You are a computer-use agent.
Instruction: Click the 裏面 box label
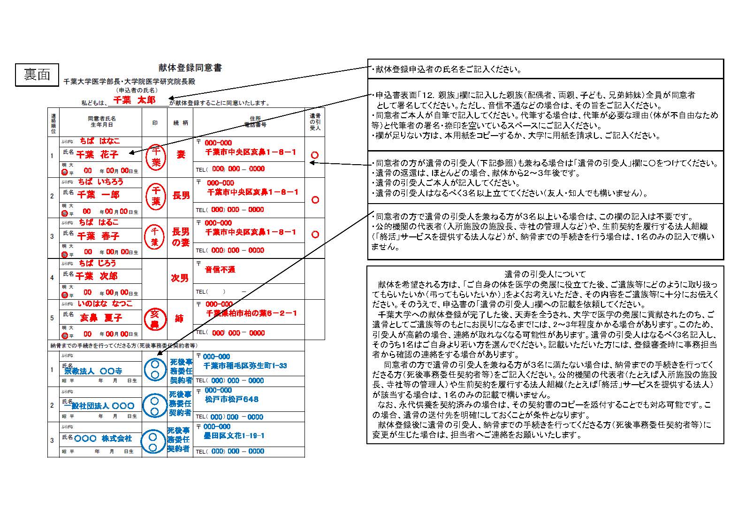coord(37,75)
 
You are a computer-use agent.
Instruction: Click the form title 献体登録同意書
coord(190,68)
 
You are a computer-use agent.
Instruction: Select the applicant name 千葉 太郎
coord(135,100)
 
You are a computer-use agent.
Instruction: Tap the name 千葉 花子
coord(98,154)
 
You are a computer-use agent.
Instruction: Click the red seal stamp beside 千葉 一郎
coord(155,196)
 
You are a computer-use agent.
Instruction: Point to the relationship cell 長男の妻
coord(181,236)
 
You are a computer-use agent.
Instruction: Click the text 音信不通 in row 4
coord(220,269)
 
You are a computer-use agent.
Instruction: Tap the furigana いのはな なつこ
coord(105,304)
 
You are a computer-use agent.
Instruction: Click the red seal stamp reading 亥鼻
coord(155,319)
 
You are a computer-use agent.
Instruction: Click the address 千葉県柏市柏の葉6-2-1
coord(251,313)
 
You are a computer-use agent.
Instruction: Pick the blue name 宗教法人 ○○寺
coord(93,371)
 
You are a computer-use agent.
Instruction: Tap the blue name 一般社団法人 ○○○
coord(99,406)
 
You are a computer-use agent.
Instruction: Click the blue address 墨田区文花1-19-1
coord(234,436)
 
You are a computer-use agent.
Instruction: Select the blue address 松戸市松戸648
coord(232,399)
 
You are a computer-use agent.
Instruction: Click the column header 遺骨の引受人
coord(315,121)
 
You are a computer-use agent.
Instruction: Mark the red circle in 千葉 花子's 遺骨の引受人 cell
coord(315,155)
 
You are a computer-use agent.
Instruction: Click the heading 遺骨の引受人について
coord(545,274)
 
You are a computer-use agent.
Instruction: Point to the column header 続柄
coord(181,123)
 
